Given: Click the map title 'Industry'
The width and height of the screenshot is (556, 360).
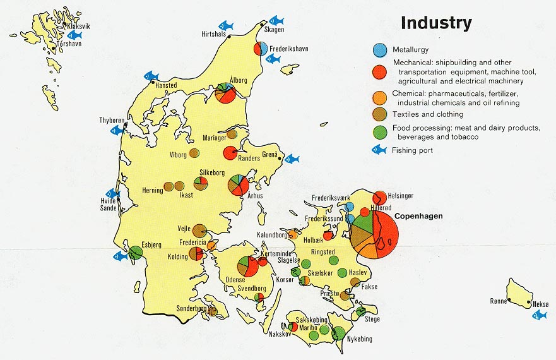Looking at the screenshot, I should click(x=436, y=23).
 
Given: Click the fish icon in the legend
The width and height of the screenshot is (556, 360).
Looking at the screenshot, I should click(x=378, y=150).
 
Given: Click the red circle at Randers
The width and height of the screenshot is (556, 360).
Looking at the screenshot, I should click(x=230, y=153).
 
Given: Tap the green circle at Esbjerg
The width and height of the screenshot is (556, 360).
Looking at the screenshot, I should click(x=136, y=253).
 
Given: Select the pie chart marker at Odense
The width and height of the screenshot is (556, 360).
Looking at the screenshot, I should click(x=247, y=266).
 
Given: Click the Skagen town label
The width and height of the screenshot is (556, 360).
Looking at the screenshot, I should click(x=275, y=30).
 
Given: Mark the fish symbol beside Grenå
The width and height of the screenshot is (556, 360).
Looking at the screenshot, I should click(x=292, y=159).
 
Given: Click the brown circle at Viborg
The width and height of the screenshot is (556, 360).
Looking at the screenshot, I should click(x=194, y=153).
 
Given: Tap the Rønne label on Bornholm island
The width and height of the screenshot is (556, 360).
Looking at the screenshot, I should click(x=499, y=301).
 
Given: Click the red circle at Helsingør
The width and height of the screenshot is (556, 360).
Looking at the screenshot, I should click(x=380, y=197).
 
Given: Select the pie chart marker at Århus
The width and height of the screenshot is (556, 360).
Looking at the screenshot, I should click(x=238, y=185).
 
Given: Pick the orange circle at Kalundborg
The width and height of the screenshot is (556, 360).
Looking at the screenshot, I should click(x=292, y=234).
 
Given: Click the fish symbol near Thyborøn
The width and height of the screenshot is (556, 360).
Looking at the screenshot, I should click(x=115, y=130).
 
